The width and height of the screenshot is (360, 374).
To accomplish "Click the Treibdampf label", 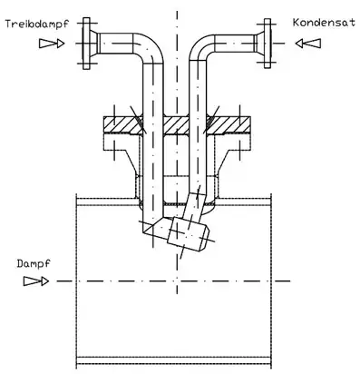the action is point(37,25).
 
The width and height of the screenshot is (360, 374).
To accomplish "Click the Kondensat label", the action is point(324,23).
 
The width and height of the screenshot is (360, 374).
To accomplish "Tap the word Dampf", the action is point(34,264).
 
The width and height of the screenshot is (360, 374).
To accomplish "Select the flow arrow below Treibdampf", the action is point(52,44).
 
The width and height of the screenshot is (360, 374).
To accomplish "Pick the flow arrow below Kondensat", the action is point(308,44).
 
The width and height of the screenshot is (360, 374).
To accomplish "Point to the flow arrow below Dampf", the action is point(36,281).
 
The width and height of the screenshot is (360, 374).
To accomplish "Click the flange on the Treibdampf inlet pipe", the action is point(87,44).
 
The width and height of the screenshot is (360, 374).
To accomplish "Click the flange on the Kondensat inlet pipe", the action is point(268,44).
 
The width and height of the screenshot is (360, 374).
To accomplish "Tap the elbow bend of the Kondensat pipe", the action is point(202,47).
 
